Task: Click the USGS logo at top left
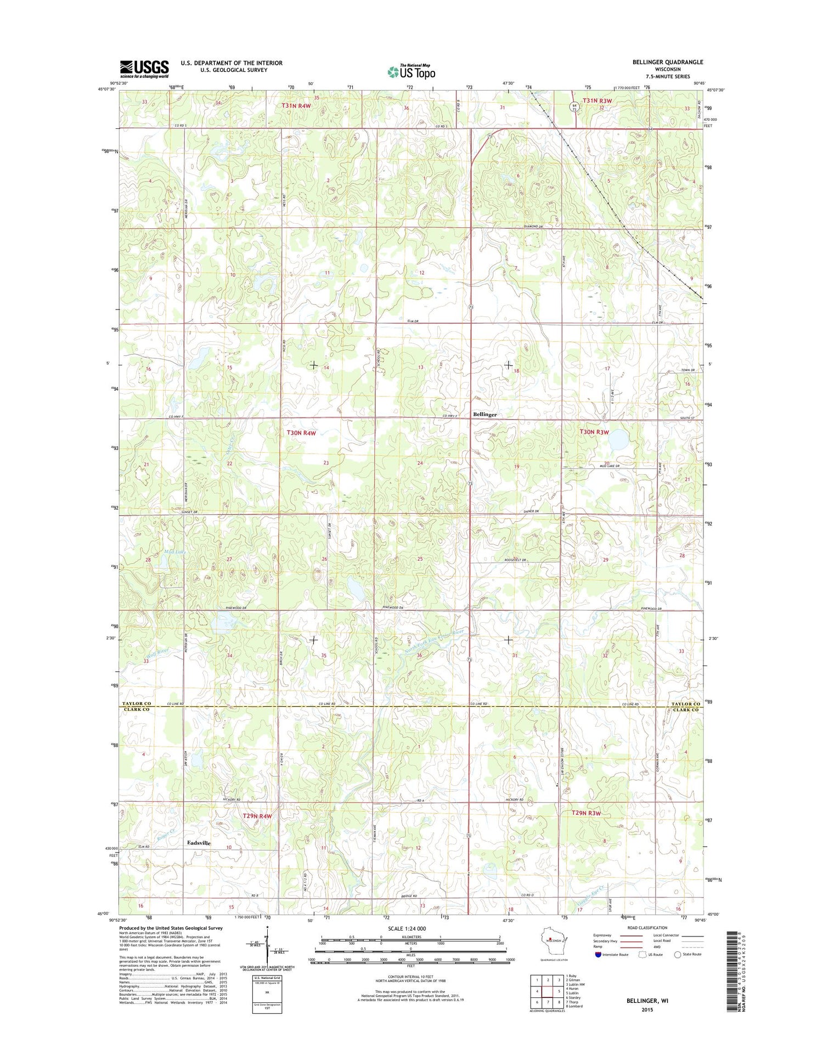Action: [144, 69]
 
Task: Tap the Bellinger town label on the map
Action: [484, 415]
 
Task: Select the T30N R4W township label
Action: [301, 433]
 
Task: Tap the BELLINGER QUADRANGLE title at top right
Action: [667, 62]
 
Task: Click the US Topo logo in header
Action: [411, 71]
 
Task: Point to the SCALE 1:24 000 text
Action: [407, 928]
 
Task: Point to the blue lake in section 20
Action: [619, 439]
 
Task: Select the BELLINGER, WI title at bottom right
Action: [647, 1000]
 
